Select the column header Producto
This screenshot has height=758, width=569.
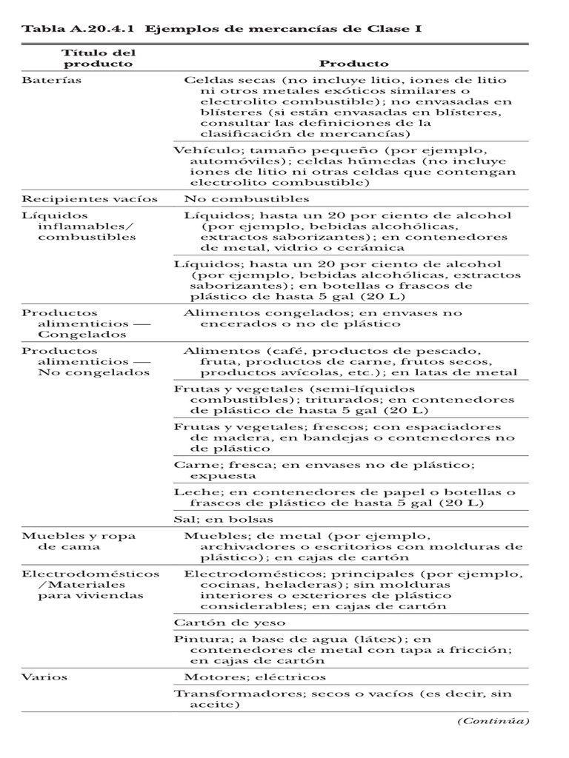tap(353, 64)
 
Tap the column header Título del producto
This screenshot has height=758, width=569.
tap(98, 58)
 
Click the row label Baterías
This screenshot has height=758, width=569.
tap(51, 80)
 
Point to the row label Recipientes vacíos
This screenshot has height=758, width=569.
tap(90, 199)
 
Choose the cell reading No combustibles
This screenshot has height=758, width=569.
tap(246, 199)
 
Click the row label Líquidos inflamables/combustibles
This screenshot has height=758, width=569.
tap(79, 227)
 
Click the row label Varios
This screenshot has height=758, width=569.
tap(44, 677)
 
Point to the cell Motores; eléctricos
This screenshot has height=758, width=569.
tap(254, 677)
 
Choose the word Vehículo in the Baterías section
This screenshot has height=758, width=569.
tap(199, 149)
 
